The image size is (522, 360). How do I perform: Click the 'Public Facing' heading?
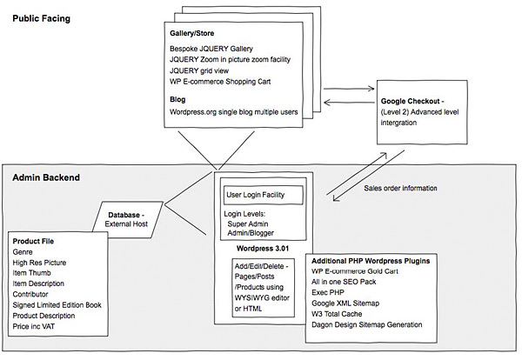41,17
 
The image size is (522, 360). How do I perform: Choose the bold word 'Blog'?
179,99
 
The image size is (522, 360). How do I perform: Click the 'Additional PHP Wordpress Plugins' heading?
382,261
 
